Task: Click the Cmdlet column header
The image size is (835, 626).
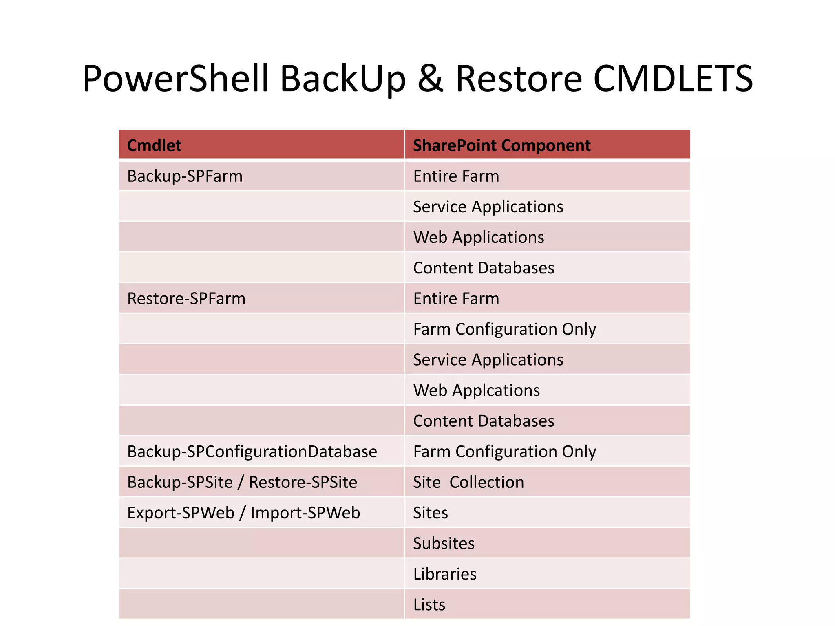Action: [154, 145]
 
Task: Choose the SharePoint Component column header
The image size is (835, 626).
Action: [501, 145]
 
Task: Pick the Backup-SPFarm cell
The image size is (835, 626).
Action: [185, 176]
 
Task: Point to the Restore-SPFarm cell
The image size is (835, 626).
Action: [186, 298]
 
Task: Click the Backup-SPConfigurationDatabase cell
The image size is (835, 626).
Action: [252, 452]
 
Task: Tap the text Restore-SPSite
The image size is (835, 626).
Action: [303, 482]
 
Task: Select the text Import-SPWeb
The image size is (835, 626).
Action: [305, 513]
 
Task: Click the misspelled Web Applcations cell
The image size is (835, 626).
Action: [476, 390]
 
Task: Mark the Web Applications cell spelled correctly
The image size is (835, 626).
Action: [479, 237]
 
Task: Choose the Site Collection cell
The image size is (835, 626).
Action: [468, 482]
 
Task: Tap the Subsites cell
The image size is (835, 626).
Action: [444, 543]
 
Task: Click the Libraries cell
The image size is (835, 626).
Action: [445, 574]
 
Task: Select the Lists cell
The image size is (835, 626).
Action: [429, 604]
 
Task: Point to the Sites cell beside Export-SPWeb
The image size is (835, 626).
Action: [431, 513]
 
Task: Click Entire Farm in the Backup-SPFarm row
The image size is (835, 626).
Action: [456, 176]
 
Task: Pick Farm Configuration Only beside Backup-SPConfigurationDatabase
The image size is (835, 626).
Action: [504, 452]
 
